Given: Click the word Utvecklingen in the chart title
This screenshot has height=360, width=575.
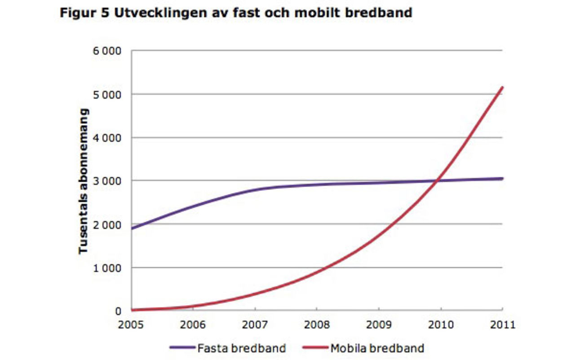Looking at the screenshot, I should click(x=149, y=13).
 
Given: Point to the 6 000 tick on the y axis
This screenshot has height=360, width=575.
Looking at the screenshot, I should click(x=107, y=51).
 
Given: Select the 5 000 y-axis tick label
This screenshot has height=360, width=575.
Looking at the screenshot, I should click(x=107, y=94).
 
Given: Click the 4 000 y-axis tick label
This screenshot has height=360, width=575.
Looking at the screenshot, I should click(x=107, y=138).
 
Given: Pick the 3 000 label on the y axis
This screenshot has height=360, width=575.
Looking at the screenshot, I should click(x=107, y=181).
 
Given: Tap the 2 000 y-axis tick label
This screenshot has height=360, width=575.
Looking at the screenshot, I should click(x=107, y=224).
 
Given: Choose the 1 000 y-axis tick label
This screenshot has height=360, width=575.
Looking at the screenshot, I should click(x=107, y=268).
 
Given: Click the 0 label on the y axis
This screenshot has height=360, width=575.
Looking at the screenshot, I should click(x=118, y=311).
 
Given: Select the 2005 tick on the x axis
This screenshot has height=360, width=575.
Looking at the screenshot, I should click(x=131, y=324).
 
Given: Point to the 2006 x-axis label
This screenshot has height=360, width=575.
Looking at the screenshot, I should click(x=193, y=324).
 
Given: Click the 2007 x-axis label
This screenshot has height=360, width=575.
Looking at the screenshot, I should click(x=255, y=324).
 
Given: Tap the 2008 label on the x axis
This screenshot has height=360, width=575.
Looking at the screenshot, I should click(x=317, y=324).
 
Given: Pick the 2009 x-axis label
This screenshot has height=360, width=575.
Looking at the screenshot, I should click(x=379, y=324).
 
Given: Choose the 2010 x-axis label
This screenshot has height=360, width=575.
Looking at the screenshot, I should click(x=441, y=324).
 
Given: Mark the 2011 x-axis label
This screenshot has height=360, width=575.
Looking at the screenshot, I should click(x=502, y=324).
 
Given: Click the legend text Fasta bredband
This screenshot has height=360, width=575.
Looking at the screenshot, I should click(x=241, y=348).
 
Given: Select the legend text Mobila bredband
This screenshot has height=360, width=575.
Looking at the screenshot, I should click(x=377, y=348).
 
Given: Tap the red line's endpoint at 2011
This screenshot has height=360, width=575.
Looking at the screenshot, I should click(x=502, y=88).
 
